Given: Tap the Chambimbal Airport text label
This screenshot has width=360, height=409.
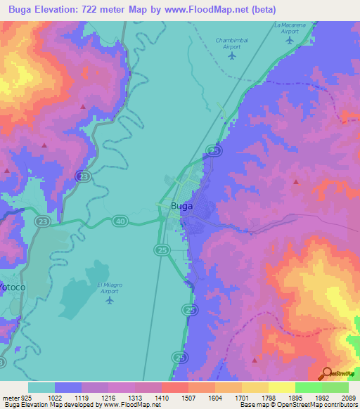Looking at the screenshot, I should coord(233,44).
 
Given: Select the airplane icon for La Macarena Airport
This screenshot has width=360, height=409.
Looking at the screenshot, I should coord(290,39).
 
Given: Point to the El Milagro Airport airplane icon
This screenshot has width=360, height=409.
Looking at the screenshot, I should coord(109,301).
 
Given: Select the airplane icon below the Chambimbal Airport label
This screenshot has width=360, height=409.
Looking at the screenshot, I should coord(231,55).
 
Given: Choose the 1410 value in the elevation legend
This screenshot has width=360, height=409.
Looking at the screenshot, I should coord(162,398).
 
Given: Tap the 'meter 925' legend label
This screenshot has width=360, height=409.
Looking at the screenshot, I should coord(16,398).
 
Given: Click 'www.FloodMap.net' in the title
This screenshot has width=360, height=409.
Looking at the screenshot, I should coord(219,10).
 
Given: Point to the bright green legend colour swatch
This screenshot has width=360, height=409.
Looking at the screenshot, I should coord(308,387).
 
